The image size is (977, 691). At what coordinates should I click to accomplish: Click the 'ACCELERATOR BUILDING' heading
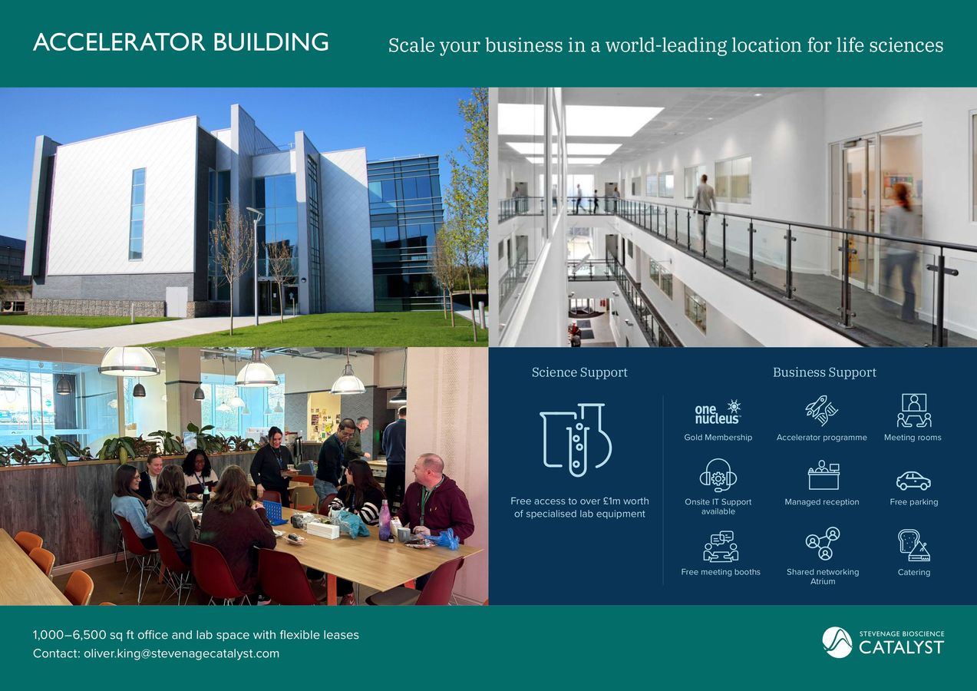(x=180, y=42)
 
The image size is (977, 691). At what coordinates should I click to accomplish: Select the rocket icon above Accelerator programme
(x=820, y=411)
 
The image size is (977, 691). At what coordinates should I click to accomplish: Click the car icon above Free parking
(x=913, y=481)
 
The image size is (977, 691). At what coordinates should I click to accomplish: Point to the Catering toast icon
(x=913, y=545)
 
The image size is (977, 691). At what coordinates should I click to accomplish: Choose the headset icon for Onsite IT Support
(x=718, y=476)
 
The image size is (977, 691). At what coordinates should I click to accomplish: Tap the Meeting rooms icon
(x=913, y=411)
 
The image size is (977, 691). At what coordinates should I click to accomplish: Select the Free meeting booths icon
(x=720, y=546)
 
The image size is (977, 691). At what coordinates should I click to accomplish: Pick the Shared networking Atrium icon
(x=823, y=544)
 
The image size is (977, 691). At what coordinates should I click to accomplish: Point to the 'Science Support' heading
(x=579, y=372)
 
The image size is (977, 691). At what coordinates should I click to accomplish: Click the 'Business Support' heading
(x=824, y=372)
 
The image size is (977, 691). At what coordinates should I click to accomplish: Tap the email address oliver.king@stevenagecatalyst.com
(x=181, y=653)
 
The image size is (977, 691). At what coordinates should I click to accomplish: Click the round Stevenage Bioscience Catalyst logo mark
(x=837, y=643)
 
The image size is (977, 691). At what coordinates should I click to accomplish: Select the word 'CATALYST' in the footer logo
(x=901, y=647)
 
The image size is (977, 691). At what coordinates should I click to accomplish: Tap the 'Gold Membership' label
(x=718, y=438)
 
